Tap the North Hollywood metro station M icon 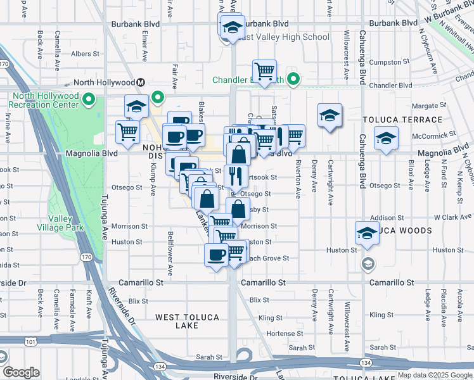[x=141, y=82]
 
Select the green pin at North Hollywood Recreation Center [x=90, y=99]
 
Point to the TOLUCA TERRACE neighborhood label [x=402, y=120]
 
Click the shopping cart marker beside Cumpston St [x=264, y=70]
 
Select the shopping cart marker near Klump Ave [x=127, y=132]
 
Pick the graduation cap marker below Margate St [x=330, y=115]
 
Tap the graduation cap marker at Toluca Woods [x=367, y=233]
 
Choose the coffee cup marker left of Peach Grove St [x=217, y=255]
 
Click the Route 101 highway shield [x=13, y=341]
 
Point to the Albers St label [x=82, y=54]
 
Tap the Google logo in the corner [x=21, y=372]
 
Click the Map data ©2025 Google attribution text [x=435, y=375]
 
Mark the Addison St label [x=382, y=217]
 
